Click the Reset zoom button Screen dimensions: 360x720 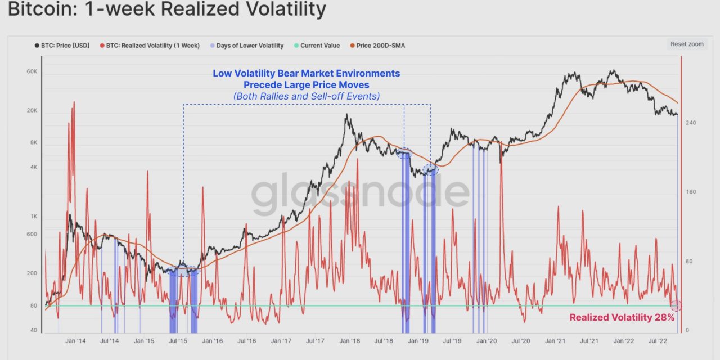(x=687, y=44)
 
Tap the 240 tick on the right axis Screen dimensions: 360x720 (x=691, y=123)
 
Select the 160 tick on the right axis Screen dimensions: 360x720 (x=691, y=192)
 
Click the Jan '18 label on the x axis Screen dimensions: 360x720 (x=350, y=341)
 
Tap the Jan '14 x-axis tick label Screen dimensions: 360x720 (x=75, y=341)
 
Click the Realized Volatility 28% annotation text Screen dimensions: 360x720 (x=622, y=318)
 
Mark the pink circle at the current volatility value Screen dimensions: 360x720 (x=676, y=305)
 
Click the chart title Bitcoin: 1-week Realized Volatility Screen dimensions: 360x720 (x=167, y=10)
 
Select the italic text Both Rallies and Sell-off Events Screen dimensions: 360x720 (x=307, y=96)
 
